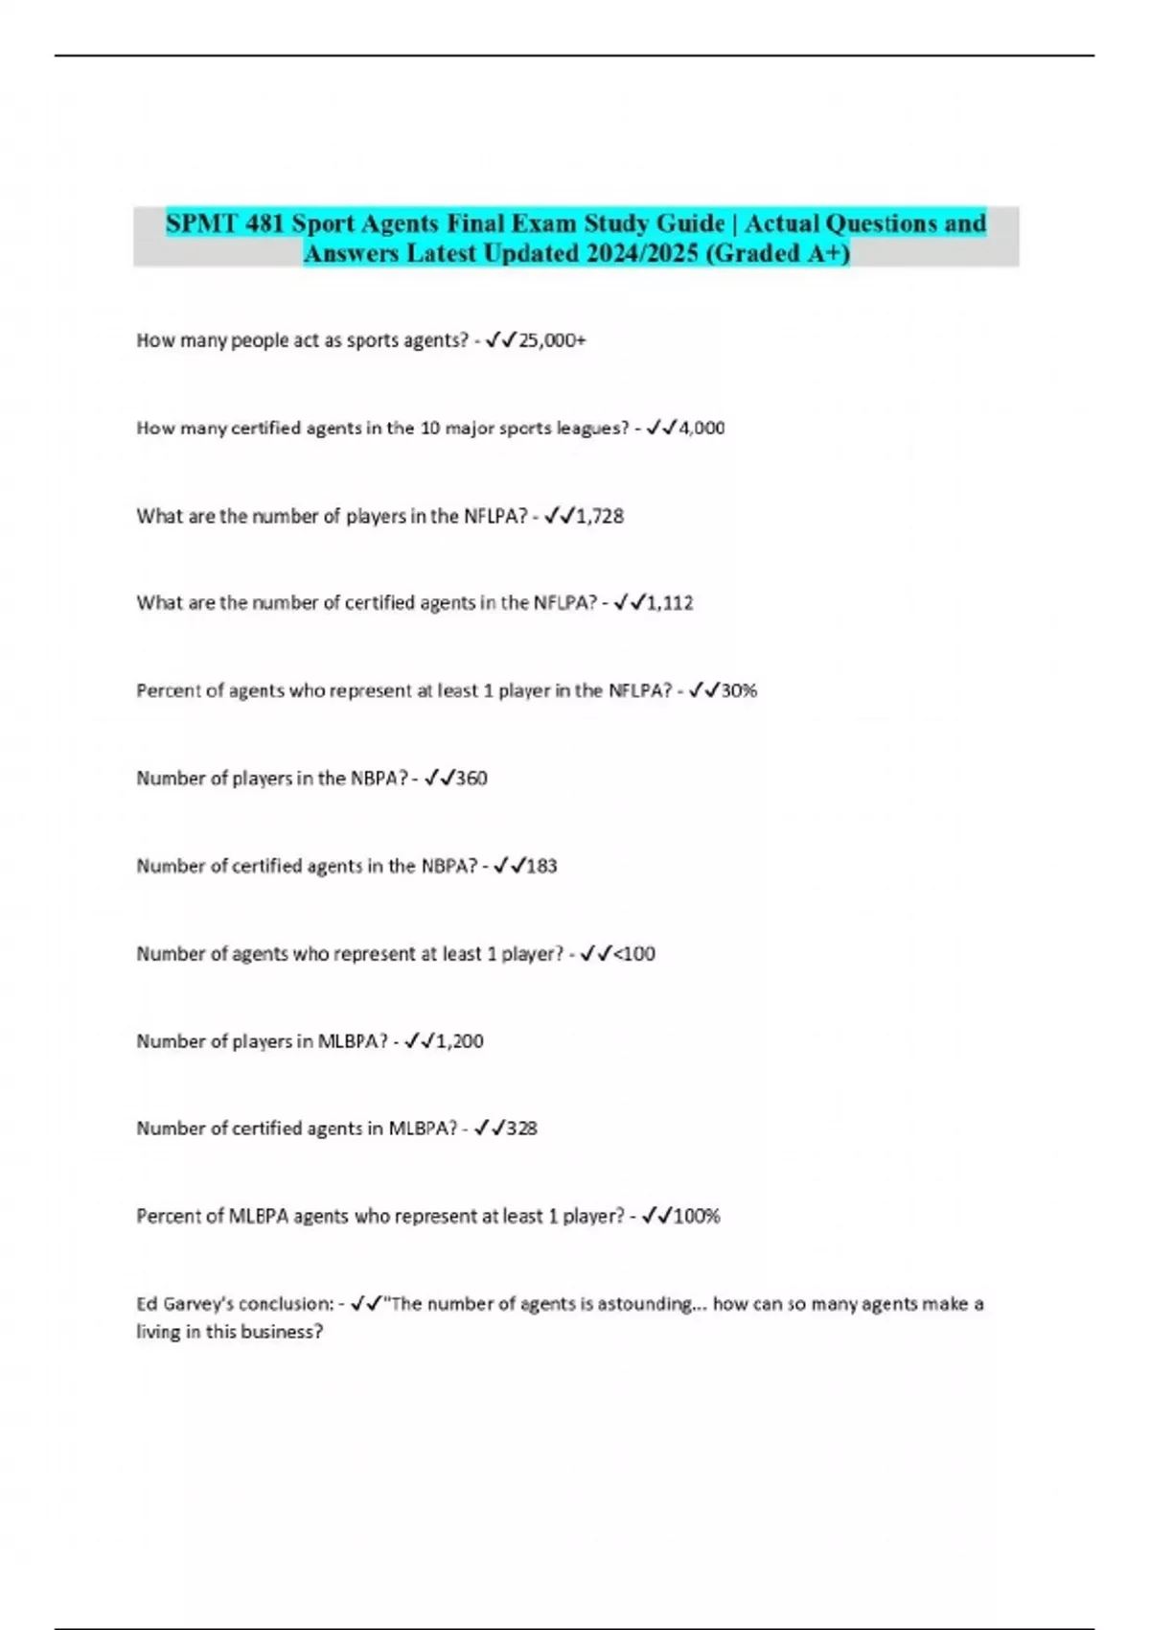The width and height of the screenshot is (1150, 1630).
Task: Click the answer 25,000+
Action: coord(552,340)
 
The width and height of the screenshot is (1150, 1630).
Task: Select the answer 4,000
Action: coord(701,428)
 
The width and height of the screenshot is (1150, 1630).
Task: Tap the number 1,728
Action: coord(600,516)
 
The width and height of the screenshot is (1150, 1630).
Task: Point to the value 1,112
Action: coord(670,603)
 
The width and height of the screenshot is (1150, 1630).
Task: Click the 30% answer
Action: coord(739,690)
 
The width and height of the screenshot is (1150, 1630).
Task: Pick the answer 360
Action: coord(471,779)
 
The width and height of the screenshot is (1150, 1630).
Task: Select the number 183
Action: coord(541,866)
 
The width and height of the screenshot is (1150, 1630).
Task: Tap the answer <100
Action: coord(633,954)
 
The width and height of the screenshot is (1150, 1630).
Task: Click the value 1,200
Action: coord(460,1041)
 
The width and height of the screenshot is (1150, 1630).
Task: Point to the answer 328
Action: coord(521,1129)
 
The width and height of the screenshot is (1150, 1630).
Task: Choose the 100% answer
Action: coord(697,1217)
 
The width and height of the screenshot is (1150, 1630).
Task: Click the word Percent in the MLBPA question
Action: coord(166,1217)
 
